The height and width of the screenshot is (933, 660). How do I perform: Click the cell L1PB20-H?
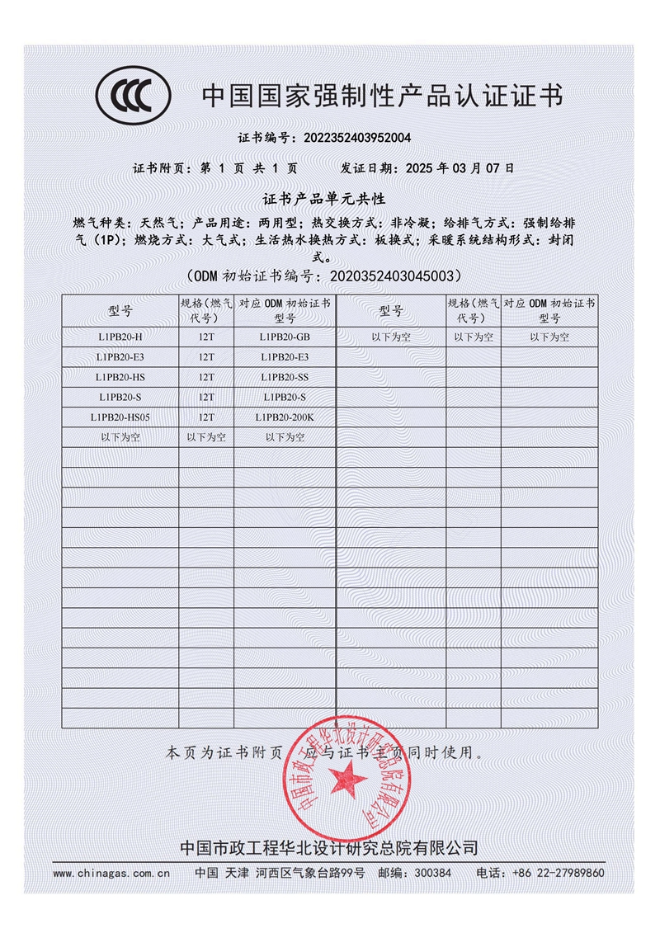pos(120,337)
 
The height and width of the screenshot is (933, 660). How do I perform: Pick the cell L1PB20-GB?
pos(285,337)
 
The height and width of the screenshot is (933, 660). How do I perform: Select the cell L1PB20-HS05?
pos(120,417)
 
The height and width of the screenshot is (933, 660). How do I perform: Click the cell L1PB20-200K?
pos(285,417)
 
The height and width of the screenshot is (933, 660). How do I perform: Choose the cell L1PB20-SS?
pos(285,377)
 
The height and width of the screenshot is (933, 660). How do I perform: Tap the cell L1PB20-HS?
pos(120,377)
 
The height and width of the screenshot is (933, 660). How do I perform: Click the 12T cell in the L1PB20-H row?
pos(206,337)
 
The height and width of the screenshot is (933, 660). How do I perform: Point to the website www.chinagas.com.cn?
pos(111,873)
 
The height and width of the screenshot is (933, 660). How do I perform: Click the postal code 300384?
pos(431,873)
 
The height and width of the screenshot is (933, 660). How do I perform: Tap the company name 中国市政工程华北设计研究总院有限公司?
pos(328,848)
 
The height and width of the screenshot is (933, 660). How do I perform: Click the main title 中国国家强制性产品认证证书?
pos(383,97)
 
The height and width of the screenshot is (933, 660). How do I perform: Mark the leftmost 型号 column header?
pos(120,310)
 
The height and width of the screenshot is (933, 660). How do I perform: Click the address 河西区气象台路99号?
pos(310,873)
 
